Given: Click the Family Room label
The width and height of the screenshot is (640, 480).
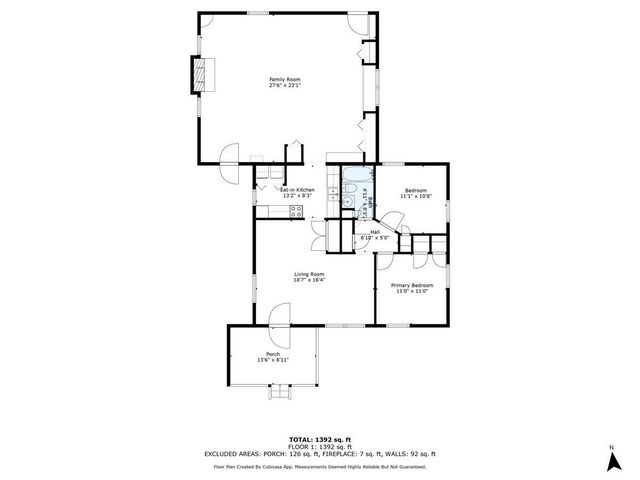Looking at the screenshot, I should [x=285, y=79].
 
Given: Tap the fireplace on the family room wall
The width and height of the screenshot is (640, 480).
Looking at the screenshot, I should [x=203, y=73].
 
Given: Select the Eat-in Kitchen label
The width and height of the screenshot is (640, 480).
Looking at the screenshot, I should [x=297, y=190].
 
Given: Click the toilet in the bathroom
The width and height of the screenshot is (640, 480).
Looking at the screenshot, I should [x=346, y=202].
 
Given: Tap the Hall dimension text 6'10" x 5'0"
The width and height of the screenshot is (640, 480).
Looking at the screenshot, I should [x=374, y=238].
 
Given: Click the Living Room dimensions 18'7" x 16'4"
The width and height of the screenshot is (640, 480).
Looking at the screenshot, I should [x=309, y=280].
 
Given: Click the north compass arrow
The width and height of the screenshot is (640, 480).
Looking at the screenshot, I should [x=610, y=459].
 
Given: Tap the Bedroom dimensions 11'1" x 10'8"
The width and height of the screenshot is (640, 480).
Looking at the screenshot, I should [x=415, y=196].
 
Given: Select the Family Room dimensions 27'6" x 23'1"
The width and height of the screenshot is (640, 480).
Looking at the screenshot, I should [x=285, y=85].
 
